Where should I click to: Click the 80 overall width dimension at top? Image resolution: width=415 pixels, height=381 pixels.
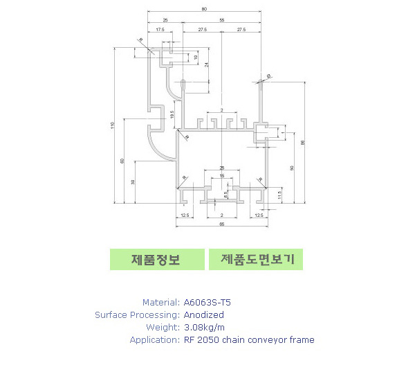[x=204, y=9]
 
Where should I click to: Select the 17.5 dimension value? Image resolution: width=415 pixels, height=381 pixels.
[x=160, y=30]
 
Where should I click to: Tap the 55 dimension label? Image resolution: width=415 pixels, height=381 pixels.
[x=221, y=21]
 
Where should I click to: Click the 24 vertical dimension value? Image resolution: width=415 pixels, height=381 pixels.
[x=205, y=64]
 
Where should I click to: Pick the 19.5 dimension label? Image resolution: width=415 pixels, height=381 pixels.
[x=172, y=114]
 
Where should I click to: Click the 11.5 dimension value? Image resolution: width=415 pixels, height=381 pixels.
[x=279, y=195]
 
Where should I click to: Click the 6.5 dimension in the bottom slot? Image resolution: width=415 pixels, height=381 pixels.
[x=225, y=195]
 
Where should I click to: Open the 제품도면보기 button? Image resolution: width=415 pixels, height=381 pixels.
[x=257, y=260]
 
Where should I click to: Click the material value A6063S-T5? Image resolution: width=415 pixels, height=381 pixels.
[x=208, y=302]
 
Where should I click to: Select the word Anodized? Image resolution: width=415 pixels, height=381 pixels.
[x=203, y=314]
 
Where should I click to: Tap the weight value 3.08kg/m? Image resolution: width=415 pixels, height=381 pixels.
[x=205, y=327]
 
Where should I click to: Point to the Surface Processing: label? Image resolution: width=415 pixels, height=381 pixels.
[x=137, y=314]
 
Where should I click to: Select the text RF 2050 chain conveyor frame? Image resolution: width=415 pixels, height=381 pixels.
[x=249, y=339]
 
